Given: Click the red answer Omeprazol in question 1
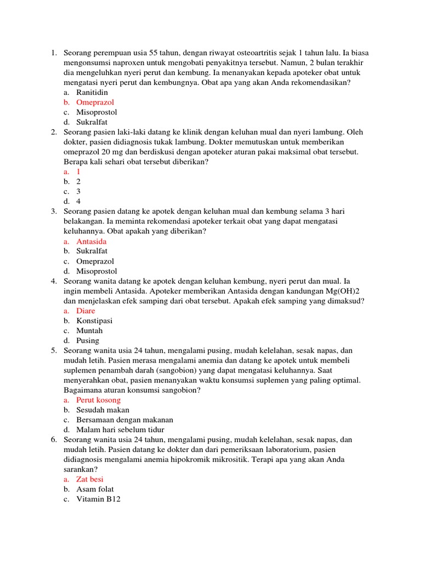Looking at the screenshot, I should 95,102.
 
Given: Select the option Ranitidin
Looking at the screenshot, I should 92,93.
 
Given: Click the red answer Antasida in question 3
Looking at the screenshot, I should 92,242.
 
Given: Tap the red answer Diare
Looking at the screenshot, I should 86,311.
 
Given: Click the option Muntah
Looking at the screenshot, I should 89,330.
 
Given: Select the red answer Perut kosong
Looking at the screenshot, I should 98,400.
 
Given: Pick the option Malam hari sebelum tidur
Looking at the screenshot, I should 120,430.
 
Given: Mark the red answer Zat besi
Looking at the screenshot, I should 90,479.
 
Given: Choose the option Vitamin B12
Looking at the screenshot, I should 98,499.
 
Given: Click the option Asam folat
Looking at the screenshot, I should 95,489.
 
